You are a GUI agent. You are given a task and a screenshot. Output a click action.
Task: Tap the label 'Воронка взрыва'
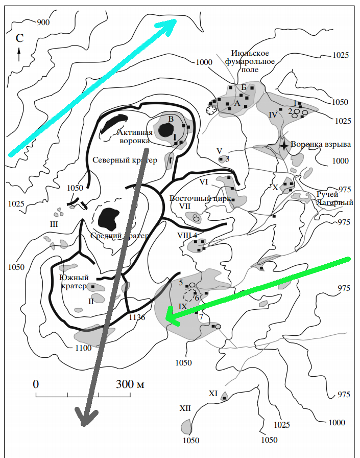point(321,144)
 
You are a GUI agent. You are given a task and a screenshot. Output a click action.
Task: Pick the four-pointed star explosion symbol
point(284,145)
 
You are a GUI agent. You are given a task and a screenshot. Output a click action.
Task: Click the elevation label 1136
point(138,317)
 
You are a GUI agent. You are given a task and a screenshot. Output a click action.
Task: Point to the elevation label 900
point(44,22)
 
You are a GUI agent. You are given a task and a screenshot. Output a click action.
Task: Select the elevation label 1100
point(82,348)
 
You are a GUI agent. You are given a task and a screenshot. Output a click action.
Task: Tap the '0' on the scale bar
point(36,384)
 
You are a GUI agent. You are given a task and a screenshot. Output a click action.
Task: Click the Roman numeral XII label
point(185,408)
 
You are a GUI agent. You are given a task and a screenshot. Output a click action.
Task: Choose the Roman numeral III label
point(54,224)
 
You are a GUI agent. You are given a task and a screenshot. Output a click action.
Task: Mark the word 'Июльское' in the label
point(247,53)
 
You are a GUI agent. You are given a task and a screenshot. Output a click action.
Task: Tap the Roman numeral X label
point(276,188)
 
